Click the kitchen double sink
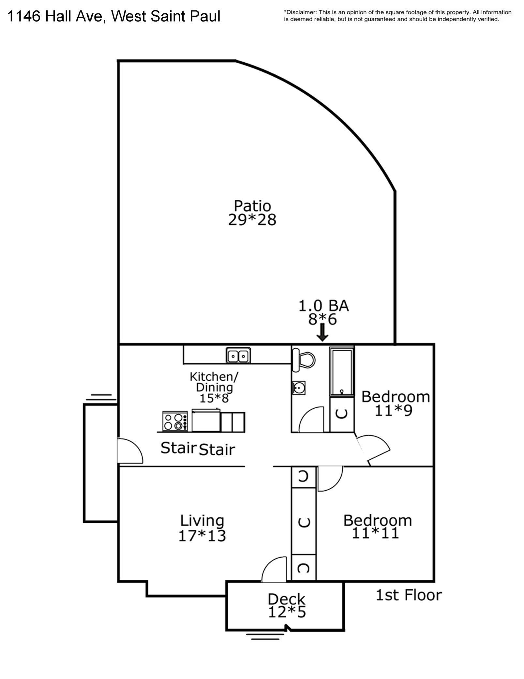[238, 355]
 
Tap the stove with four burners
[175, 421]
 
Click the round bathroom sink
[298, 388]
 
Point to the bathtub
[341, 371]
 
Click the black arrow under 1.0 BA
[322, 332]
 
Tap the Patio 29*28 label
[252, 213]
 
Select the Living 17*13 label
[202, 528]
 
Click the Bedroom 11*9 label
[395, 403]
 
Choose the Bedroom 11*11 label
[377, 526]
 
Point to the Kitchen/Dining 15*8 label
[214, 387]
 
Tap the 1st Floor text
[409, 595]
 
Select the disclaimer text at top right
[397, 16]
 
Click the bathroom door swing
[311, 420]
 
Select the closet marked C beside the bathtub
[341, 414]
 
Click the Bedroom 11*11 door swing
[329, 478]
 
